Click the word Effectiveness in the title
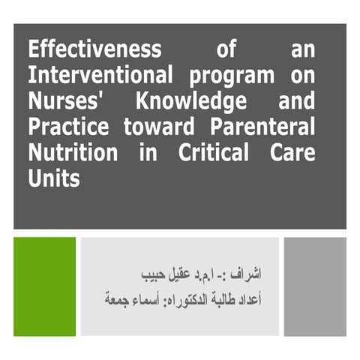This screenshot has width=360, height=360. coord(94,51)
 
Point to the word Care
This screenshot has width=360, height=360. coord(292,153)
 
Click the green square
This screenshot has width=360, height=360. coord(44,286)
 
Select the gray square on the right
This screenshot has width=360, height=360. coord(315,286)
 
